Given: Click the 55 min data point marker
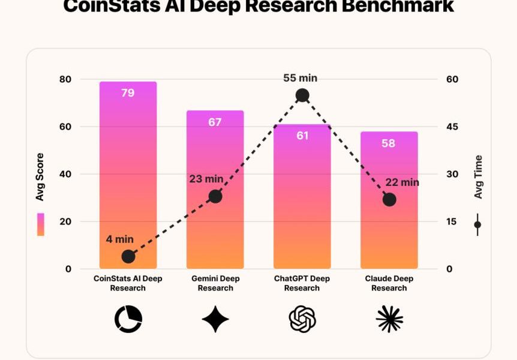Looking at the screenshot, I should click(x=302, y=95).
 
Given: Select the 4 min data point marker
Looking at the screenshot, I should click(x=128, y=256).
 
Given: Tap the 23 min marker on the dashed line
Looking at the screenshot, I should click(x=215, y=196).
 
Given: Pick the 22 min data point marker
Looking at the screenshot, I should click(x=389, y=200).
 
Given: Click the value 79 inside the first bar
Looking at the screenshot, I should click(x=128, y=93).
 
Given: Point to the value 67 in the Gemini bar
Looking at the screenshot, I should click(x=215, y=122).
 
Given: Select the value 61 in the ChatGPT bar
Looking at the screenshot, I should click(x=302, y=136).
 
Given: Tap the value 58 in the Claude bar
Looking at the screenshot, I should click(x=389, y=143).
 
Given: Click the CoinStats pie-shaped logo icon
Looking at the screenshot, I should click(x=128, y=319).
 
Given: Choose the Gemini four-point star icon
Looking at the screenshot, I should click(x=215, y=319).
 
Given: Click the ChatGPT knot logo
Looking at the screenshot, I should click(x=302, y=319).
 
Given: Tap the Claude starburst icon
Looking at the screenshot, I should click(x=389, y=319).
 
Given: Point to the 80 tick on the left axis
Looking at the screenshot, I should click(x=65, y=79).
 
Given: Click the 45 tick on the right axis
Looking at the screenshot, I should click(x=452, y=127).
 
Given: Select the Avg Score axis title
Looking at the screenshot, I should click(x=40, y=177).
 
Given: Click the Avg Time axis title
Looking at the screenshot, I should click(x=478, y=177).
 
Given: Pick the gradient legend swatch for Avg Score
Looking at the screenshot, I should click(x=40, y=224).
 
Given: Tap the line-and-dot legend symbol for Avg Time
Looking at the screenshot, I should click(x=477, y=225).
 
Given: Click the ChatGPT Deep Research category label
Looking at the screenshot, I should click(x=302, y=283).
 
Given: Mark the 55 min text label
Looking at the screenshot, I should click(x=300, y=78).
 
